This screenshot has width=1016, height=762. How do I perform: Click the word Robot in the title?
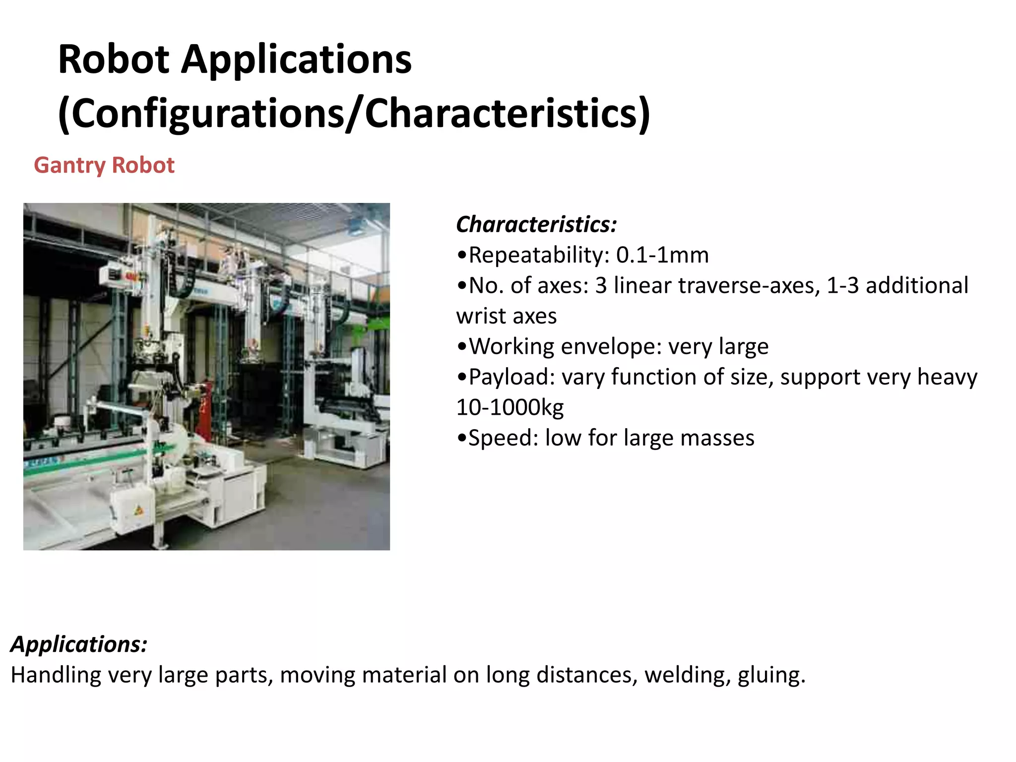[x=114, y=60]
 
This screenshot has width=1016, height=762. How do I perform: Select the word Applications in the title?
[x=296, y=60]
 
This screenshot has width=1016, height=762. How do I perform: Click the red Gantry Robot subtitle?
[x=104, y=165]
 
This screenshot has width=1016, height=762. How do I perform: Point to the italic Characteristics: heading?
[x=536, y=224]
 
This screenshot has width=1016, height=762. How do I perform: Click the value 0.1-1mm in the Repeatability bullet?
[x=662, y=255]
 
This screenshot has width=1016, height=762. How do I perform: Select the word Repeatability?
[x=539, y=255]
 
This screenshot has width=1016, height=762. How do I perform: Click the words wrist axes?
[x=507, y=316]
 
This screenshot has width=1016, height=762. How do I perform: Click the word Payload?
[x=511, y=377]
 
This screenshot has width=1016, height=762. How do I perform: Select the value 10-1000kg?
[x=510, y=407]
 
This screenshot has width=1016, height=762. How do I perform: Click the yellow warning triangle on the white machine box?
[x=139, y=510]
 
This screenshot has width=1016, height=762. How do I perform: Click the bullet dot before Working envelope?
[x=462, y=347]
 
